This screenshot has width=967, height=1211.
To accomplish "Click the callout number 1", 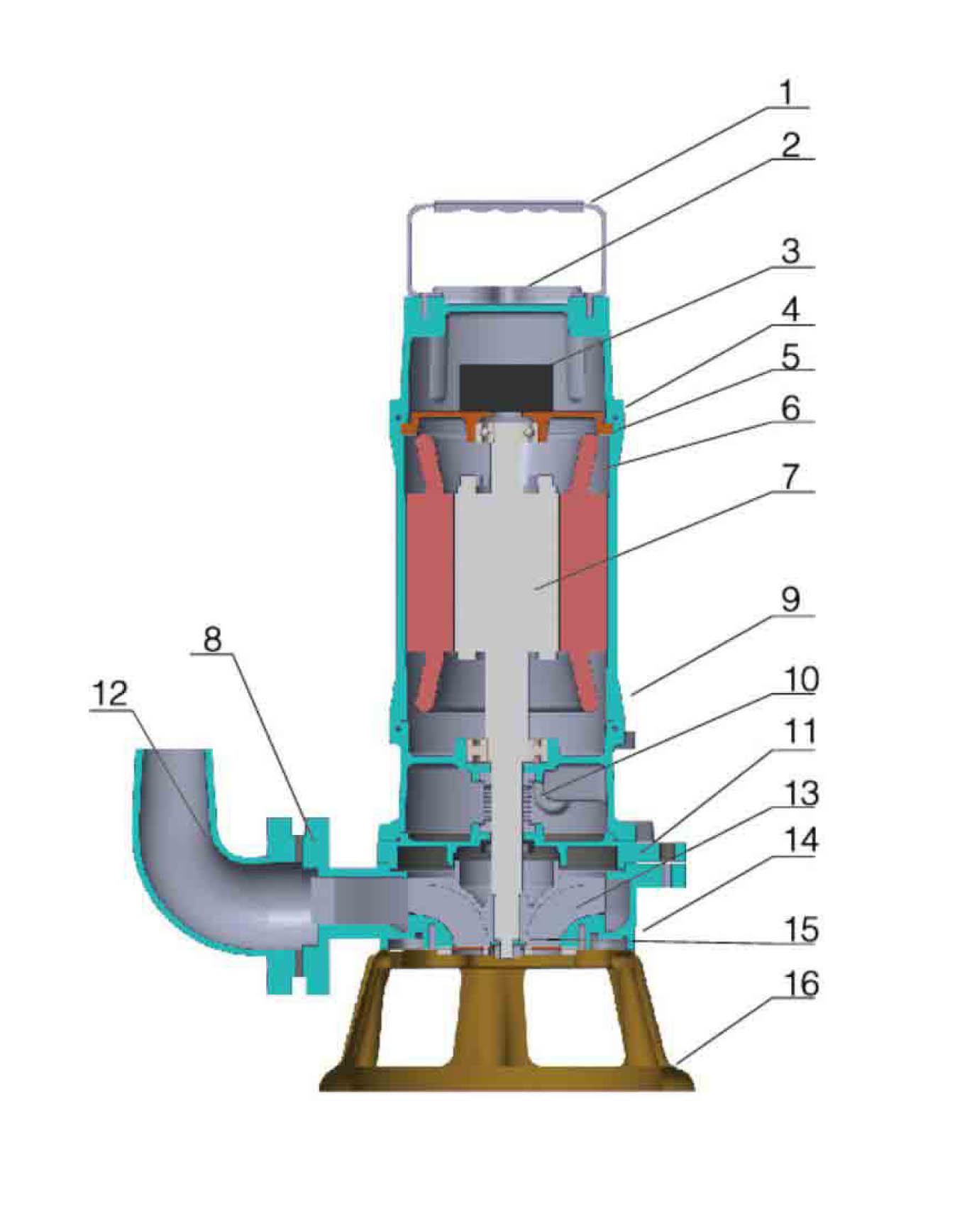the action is [786, 93].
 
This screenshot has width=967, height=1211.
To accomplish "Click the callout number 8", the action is [213, 638].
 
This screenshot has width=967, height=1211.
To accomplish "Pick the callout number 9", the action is [790, 599].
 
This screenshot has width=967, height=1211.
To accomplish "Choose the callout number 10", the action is [800, 680].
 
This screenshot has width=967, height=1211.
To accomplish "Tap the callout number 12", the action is [110, 693].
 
